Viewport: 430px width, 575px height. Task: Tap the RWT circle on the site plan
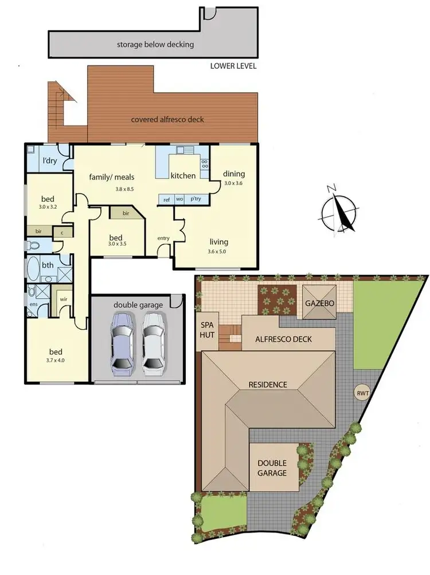point(362,393)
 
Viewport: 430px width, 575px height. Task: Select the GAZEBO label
point(319,303)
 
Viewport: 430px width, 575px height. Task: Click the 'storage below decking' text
point(155,44)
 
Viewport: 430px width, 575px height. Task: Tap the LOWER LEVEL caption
point(233,67)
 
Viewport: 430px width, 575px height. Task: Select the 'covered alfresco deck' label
point(167,120)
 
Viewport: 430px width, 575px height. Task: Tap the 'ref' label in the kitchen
point(166,200)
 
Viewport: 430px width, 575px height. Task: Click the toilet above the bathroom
point(33,245)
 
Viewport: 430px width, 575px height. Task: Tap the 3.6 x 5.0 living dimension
point(217,252)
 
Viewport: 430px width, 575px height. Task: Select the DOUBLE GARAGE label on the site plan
point(272,468)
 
